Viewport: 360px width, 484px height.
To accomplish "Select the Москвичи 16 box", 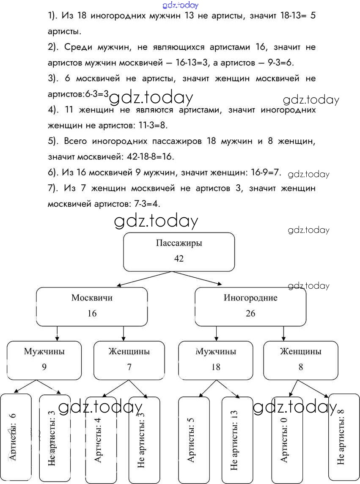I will point(92,306).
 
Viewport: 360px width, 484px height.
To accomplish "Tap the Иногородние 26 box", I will point(250,306).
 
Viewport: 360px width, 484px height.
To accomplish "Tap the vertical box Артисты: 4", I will point(101,440).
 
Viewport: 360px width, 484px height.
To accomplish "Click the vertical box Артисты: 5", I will point(193,440).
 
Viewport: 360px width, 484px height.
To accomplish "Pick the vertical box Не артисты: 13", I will point(237,440).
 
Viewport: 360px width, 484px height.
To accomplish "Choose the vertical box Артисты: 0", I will point(287,440).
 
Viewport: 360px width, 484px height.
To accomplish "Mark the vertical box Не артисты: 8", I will point(344,438).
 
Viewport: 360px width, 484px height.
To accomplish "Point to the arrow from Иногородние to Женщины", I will point(283,334).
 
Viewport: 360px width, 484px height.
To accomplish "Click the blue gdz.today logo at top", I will point(180,5).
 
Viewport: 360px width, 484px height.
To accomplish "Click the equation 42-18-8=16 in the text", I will point(150,157).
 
